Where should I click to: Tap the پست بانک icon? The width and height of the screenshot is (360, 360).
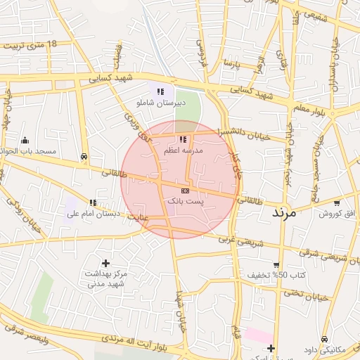pyautogui.click(x=185, y=191)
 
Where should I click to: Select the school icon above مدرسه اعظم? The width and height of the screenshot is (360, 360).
pyautogui.click(x=184, y=140)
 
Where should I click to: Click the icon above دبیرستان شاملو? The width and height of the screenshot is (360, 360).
pyautogui.click(x=160, y=91)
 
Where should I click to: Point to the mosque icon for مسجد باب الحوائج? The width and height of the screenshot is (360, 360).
pyautogui.click(x=25, y=140)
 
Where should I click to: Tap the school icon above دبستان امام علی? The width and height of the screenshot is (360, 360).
pyautogui.click(x=93, y=202)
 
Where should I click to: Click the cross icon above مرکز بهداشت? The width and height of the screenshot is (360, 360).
pyautogui.click(x=105, y=263)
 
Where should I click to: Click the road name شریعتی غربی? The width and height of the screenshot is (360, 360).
pyautogui.click(x=241, y=240)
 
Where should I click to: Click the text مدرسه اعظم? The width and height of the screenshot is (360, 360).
pyautogui.click(x=184, y=151)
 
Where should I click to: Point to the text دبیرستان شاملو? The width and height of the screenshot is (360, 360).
pyautogui.click(x=161, y=103)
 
